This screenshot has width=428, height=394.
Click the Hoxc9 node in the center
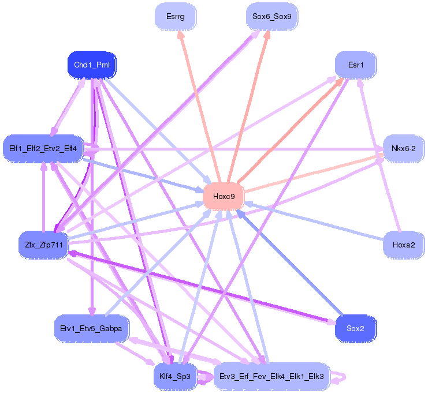[224, 197]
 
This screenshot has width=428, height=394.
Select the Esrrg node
[175, 17]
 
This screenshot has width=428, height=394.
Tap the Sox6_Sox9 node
[271, 17]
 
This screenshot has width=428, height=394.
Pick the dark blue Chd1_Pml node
[92, 65]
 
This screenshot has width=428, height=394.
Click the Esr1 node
[356, 65]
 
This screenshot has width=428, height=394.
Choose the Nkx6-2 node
[403, 149]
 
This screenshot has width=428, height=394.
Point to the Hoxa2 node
[404, 245]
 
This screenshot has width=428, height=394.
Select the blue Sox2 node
[355, 329]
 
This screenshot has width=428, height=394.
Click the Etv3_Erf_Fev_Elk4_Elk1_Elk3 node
[271, 377]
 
